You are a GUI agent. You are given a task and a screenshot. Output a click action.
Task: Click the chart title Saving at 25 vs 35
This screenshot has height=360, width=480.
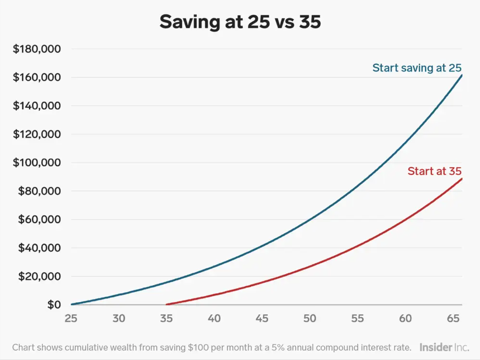pos(240,22)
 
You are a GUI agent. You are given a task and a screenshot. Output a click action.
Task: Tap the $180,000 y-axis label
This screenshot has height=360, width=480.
pos(37,49)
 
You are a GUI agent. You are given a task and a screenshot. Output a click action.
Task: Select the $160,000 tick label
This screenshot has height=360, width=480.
pos(37,77)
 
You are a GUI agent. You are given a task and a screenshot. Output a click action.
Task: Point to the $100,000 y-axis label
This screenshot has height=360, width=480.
pos(37,163)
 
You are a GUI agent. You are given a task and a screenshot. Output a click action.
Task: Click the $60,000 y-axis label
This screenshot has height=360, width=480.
pos(39,219)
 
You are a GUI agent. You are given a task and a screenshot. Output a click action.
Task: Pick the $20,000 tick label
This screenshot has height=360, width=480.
pos(39,276)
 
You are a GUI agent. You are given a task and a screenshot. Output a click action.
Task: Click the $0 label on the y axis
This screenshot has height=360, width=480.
pos(54,305)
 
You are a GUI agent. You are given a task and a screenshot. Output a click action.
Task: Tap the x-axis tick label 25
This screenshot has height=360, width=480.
pos(71,318)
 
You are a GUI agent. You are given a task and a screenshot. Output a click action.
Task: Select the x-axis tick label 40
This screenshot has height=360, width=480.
pos(214,318)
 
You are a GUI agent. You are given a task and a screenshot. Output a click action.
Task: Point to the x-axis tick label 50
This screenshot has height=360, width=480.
pos(310,318)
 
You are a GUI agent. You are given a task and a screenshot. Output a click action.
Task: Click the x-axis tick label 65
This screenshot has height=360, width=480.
pos(453,318)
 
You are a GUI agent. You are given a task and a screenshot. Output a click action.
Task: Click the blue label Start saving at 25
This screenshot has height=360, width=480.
pos(417,68)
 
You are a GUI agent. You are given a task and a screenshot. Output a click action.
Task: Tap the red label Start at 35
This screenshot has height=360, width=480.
pos(434,171)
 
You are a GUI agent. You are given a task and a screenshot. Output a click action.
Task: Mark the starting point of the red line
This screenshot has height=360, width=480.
pos(167,304)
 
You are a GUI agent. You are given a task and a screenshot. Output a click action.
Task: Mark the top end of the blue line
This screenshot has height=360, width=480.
pos(461,75)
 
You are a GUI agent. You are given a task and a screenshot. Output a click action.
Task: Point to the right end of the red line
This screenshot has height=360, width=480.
pos(461,179)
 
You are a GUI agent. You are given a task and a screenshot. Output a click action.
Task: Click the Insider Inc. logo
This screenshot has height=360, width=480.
pos(444,347)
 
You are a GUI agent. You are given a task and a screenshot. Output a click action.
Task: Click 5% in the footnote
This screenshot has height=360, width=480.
pos(278,347)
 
